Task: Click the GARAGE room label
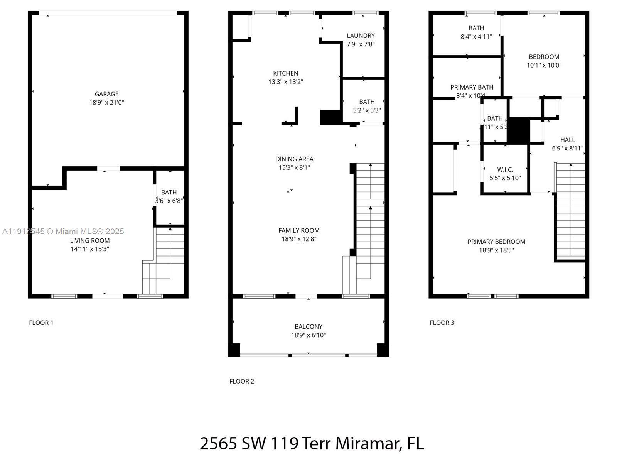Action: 106,94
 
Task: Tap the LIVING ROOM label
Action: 89,240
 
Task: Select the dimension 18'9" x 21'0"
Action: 106,103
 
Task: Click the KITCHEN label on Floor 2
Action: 285,73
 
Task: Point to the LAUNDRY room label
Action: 361,35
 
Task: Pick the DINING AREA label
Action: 294,159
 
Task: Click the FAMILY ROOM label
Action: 299,230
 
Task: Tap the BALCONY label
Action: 308,326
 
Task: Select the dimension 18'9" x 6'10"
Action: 308,335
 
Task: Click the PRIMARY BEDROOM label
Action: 496,242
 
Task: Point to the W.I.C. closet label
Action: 505,170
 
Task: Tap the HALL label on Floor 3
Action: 567,140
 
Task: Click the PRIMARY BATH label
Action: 472,87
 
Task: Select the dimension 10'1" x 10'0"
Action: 544,65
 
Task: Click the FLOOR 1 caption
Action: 41,323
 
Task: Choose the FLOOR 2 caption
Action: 242,381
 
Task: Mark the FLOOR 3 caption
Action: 442,323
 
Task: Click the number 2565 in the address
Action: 218,443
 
